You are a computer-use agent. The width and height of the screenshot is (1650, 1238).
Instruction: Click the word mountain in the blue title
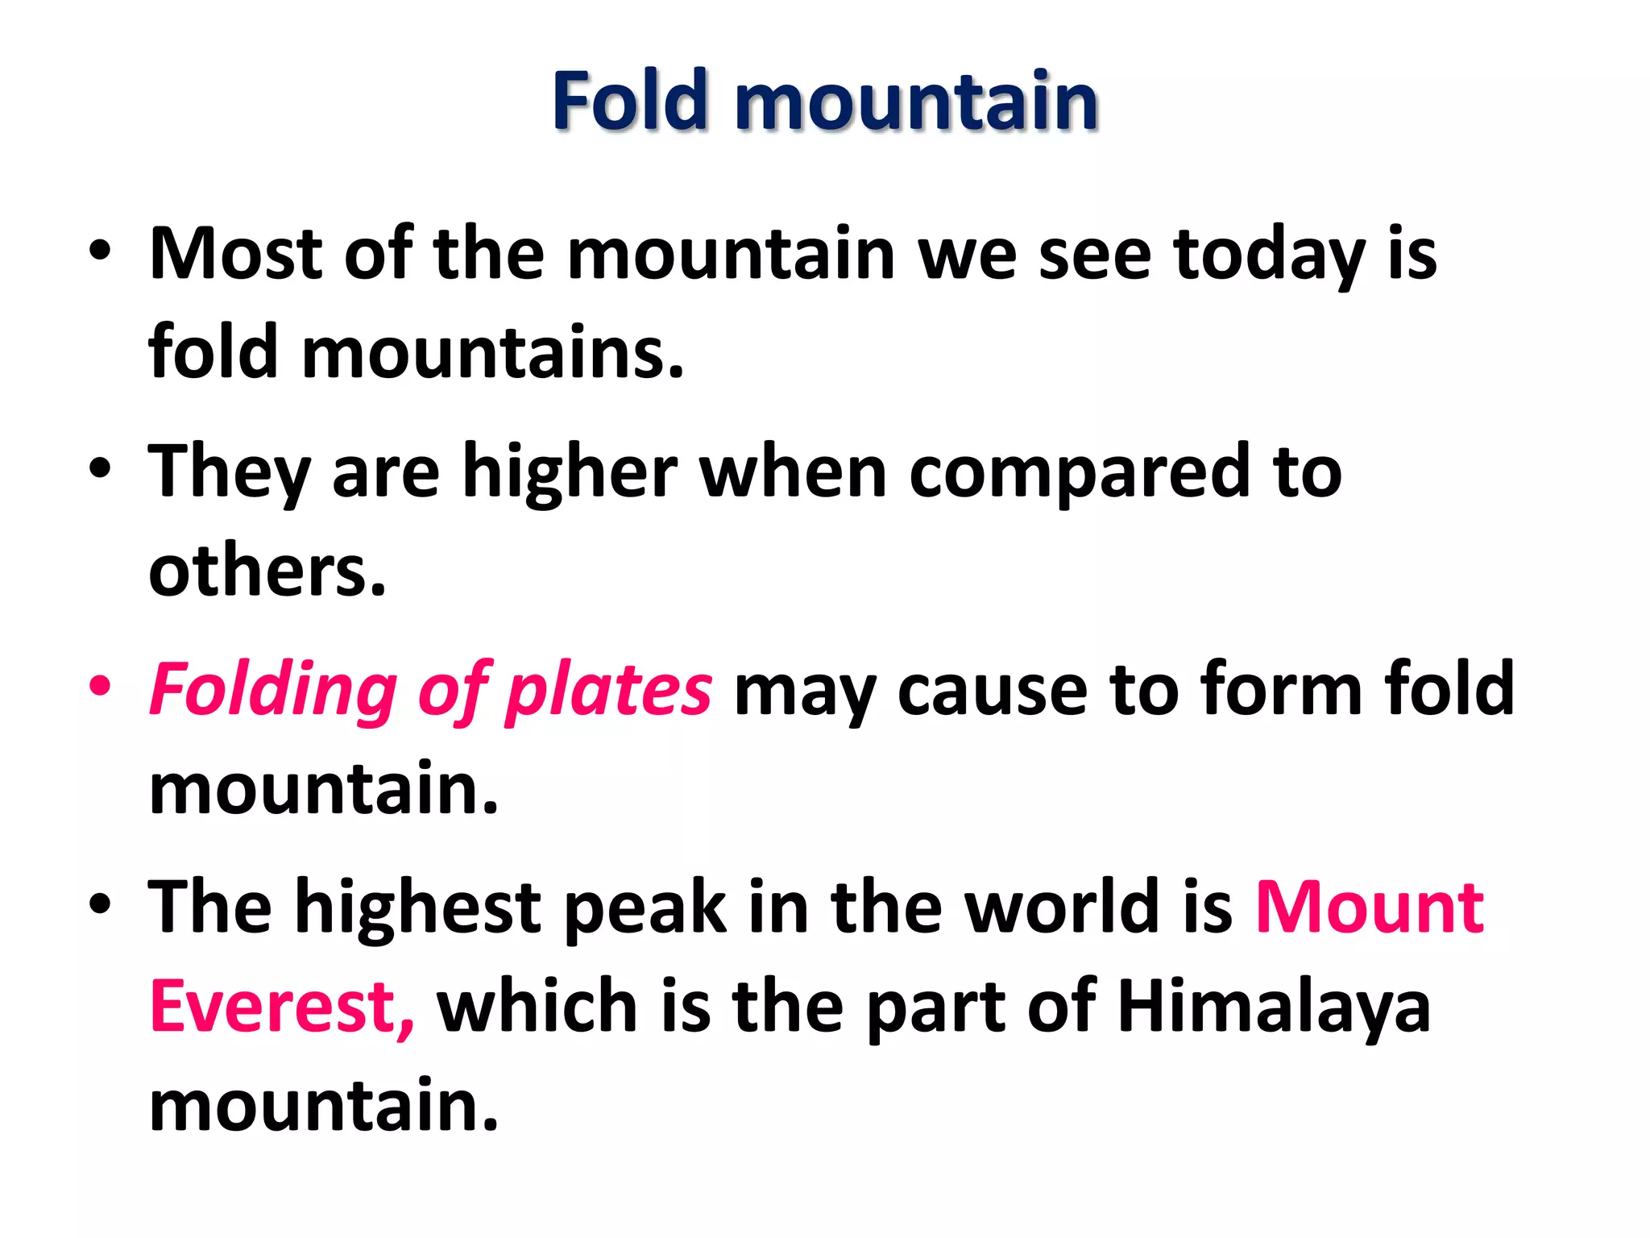pyautogui.click(x=916, y=102)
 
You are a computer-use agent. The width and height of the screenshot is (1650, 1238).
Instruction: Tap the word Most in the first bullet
pyautogui.click(x=235, y=254)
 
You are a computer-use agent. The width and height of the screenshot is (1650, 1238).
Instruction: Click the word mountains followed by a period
pyautogui.click(x=491, y=353)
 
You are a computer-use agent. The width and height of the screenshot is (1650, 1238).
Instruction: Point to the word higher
pyautogui.click(x=570, y=472)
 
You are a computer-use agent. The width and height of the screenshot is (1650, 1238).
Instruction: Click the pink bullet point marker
pyautogui.click(x=100, y=687)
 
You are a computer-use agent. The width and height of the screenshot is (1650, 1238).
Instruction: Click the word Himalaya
pyautogui.click(x=1274, y=1007)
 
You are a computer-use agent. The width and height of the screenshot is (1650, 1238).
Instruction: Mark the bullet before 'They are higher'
pyautogui.click(x=100, y=469)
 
